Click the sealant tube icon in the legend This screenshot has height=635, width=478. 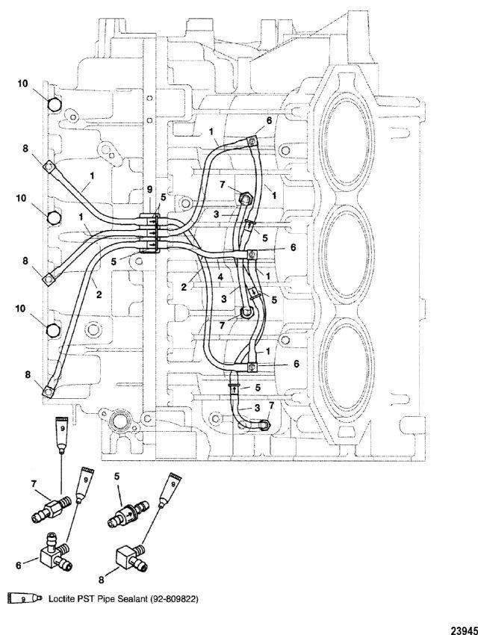(25, 598)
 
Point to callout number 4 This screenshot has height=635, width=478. (220, 278)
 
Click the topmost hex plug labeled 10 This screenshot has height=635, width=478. (54, 105)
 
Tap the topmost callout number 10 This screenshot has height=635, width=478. (22, 84)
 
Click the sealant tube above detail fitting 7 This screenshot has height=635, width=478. (62, 435)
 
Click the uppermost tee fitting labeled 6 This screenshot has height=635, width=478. (252, 141)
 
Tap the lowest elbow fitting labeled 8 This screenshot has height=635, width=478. (48, 391)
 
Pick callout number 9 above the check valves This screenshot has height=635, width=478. (149, 189)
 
